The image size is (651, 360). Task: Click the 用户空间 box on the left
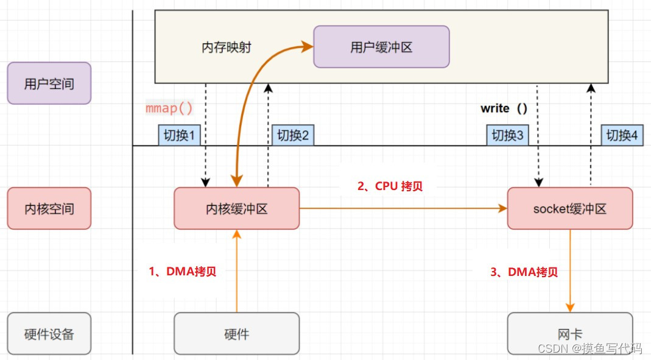coord(49,83)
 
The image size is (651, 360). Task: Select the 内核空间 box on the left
coord(49,208)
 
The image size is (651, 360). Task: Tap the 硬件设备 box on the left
coord(49,333)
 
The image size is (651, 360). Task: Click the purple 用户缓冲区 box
coord(381,47)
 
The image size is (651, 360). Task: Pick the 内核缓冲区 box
coord(236,208)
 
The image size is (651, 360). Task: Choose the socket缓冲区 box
coord(569,208)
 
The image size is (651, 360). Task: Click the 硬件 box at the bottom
coord(236,333)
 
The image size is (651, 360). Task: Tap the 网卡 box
coord(569,333)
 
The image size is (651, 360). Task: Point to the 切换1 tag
coord(180,135)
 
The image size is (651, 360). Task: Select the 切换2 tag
coord(293,135)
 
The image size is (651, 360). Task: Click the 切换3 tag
coord(507,135)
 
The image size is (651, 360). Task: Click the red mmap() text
coord(169,108)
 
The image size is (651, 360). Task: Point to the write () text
coord(504,108)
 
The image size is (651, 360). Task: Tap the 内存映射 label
coord(227,47)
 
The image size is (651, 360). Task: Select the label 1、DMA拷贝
coord(182,272)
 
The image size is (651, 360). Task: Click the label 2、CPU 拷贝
coord(390,186)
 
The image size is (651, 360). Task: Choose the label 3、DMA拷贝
coord(524,272)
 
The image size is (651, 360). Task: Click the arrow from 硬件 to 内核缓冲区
coord(236,271)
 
